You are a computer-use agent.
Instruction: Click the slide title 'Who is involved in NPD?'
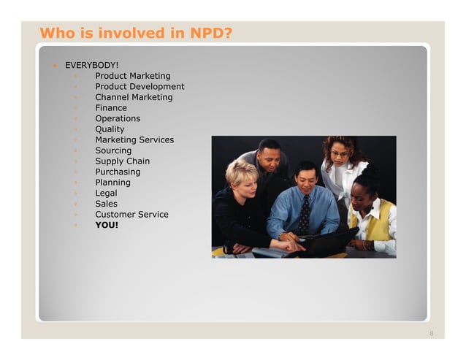[135, 33]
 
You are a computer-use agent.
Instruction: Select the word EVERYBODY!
[92, 65]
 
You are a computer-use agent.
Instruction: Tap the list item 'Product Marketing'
[132, 76]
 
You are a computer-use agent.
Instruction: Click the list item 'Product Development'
[140, 86]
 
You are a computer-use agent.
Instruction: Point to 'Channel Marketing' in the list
[134, 97]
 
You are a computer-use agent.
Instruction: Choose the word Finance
[111, 108]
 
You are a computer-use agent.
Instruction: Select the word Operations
[118, 118]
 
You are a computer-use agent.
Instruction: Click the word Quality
[110, 129]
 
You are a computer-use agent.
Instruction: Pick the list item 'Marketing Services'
[134, 139]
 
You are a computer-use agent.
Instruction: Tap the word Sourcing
[114, 150]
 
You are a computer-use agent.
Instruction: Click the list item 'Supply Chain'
[122, 161]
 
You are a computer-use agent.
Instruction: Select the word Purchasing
[118, 172]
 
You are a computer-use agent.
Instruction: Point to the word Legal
[106, 193]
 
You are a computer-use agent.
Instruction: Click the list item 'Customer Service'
[131, 215]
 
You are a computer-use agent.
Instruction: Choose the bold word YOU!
[107, 225]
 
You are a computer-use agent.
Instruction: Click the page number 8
[431, 334]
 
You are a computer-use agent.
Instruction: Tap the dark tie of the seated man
[304, 216]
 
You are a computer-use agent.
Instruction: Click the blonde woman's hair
[240, 172]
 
